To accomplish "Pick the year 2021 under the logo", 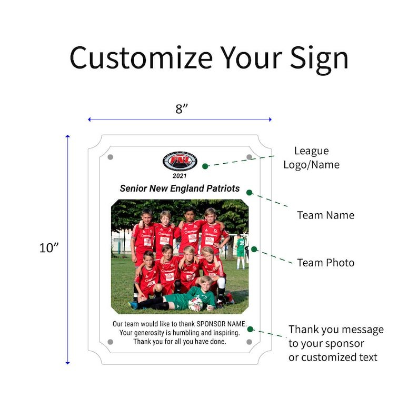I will (x=180, y=176).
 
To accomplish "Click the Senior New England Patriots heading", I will (x=180, y=188).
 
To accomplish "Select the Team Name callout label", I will (x=325, y=215).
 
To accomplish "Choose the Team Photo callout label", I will (x=325, y=262).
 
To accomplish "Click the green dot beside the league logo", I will (x=205, y=166).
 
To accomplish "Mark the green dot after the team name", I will (x=250, y=192).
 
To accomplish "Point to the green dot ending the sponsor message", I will (x=250, y=329).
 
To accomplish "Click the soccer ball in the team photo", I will (x=195, y=303).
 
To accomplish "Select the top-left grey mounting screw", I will (x=110, y=157).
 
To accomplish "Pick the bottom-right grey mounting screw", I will (x=249, y=342).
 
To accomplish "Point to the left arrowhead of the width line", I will (x=89, y=120).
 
